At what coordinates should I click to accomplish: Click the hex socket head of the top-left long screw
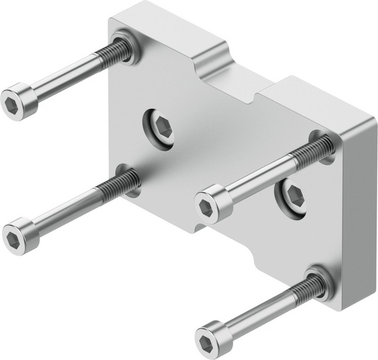coord(19,102)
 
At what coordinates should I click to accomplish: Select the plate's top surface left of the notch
coord(162,26)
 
